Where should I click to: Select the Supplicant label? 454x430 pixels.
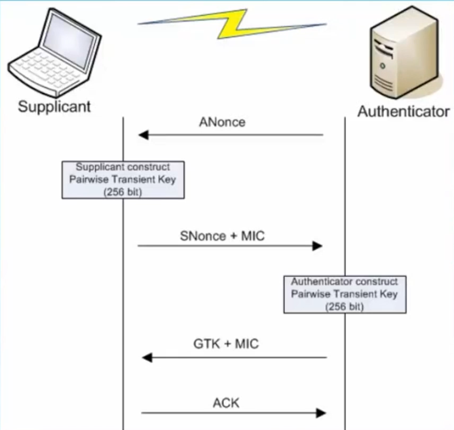tap(54, 106)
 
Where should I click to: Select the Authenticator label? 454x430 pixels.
tap(404, 112)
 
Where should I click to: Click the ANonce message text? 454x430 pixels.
tap(222, 122)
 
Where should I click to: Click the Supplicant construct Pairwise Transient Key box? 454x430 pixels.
tap(123, 180)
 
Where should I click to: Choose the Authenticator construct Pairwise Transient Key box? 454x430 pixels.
tap(344, 294)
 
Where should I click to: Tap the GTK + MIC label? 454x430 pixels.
tap(226, 345)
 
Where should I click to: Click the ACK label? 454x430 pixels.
tap(226, 403)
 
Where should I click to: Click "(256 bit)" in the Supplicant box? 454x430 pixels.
tap(123, 191)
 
